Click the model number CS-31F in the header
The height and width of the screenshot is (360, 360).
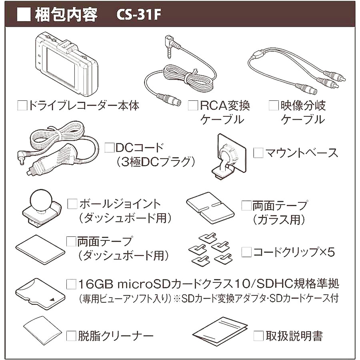point(138,15)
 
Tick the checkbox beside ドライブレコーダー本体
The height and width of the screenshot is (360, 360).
point(22,105)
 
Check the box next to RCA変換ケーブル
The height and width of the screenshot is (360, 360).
point(193,105)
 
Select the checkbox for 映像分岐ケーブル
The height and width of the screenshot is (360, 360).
point(274,105)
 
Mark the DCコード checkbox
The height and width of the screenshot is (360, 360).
point(109,148)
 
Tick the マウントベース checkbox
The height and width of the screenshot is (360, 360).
point(258,153)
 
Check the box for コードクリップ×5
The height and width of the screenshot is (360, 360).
point(246,252)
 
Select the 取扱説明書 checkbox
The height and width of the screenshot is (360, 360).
point(258,336)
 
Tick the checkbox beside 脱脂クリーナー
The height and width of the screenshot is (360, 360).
point(71,336)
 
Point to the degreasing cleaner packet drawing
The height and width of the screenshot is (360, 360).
point(42,331)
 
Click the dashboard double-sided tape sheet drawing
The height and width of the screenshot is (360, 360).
point(40,249)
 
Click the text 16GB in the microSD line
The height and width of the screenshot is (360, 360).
point(96,284)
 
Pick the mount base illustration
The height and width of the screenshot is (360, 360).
point(228,156)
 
